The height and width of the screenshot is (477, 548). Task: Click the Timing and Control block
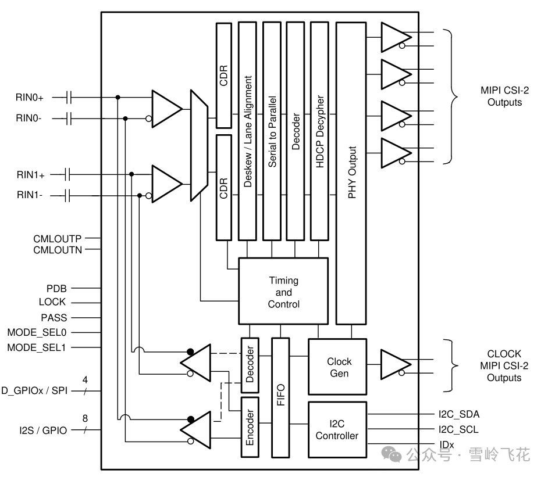tap(283, 292)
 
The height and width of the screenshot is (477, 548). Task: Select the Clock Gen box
tap(337, 367)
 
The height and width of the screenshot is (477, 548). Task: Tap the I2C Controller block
tap(337, 429)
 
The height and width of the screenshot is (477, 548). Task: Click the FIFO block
tap(280, 397)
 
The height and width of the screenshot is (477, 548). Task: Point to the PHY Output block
tap(351, 173)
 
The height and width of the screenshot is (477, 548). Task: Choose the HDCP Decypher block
tap(319, 131)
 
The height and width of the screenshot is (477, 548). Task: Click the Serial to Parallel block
tap(272, 131)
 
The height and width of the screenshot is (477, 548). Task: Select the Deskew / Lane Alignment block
tap(248, 131)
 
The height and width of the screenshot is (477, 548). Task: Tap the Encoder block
tap(250, 427)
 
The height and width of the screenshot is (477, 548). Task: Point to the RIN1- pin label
tap(30, 196)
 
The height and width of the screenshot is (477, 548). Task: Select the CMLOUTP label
tap(58, 238)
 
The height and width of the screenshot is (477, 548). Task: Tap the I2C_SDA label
tap(459, 414)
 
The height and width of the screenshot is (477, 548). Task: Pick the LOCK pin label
tap(52, 302)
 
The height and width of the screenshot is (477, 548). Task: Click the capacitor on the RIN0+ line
tap(69, 97)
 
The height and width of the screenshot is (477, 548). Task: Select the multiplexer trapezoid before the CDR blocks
tap(198, 145)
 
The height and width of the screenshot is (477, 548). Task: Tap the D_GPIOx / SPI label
tap(34, 390)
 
